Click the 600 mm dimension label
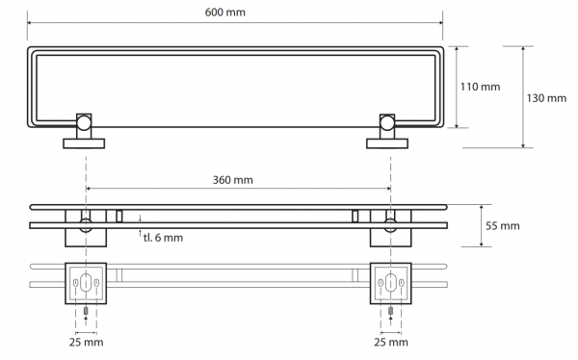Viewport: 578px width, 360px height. (224, 13)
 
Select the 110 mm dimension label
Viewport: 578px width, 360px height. (480, 87)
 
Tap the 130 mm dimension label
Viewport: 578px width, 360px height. (546, 98)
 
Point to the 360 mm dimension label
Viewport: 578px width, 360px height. (233, 180)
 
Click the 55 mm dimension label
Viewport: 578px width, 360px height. (503, 226)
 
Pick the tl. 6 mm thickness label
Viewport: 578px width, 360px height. (164, 238)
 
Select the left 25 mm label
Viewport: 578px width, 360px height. (87, 343)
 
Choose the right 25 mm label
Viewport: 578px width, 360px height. (391, 343)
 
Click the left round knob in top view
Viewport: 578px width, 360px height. (84, 123)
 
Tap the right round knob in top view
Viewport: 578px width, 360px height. (387, 123)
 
